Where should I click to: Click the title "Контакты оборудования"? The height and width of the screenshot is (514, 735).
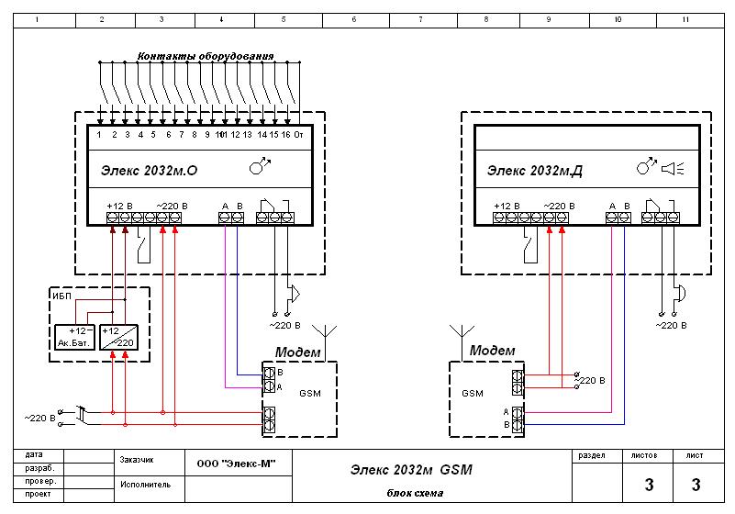coord(206,56)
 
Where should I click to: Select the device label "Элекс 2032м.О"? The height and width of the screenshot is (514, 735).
coord(149,170)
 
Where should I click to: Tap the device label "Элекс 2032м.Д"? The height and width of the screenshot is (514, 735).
coord(535,170)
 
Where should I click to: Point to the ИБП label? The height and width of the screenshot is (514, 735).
coord(61,296)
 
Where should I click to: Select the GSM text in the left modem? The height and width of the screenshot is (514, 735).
coord(310,394)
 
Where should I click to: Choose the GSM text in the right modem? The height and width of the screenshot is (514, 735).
coord(473,394)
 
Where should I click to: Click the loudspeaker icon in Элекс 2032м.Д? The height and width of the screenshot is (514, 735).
coord(673,168)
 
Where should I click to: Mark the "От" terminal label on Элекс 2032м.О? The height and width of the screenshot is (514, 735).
coord(298,135)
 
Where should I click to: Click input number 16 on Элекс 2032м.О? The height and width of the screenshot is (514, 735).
coord(286,135)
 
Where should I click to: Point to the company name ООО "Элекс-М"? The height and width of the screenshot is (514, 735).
coord(236,464)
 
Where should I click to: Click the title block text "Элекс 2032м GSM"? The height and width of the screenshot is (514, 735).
coord(411,470)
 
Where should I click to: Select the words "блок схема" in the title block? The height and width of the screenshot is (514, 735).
coord(415,493)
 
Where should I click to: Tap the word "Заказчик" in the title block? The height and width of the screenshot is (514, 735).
coord(137,460)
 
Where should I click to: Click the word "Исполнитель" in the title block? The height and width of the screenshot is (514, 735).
coord(145,485)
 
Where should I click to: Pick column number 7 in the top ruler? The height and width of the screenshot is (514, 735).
coord(420,19)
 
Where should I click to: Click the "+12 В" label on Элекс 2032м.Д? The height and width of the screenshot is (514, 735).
coord(507,207)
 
